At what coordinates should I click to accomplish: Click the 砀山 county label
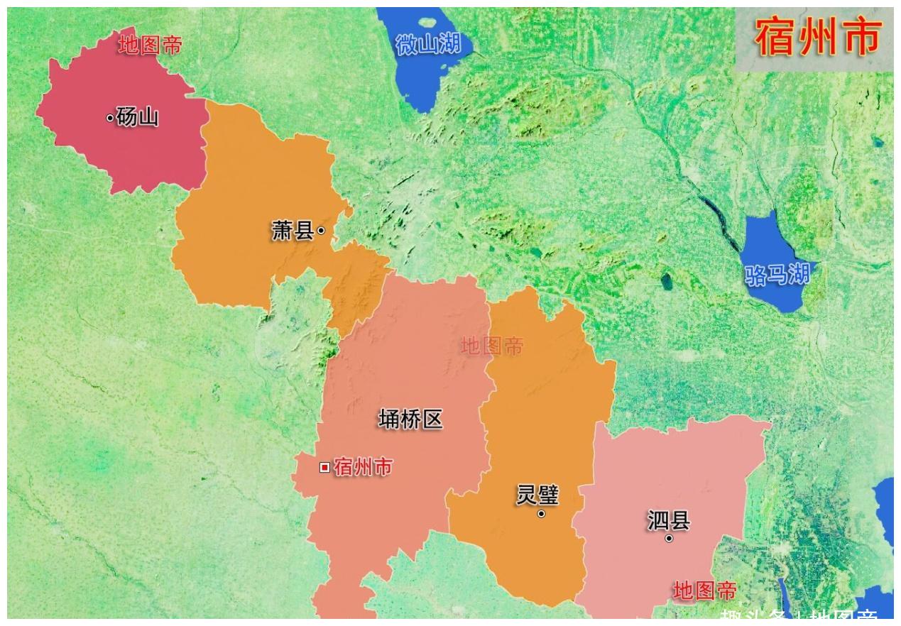[x=138, y=117]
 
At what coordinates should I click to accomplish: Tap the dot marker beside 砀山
[x=110, y=118]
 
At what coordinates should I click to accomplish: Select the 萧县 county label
[x=293, y=231]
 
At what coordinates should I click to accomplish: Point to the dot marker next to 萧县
[x=321, y=230]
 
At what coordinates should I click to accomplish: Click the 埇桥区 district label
[x=410, y=419]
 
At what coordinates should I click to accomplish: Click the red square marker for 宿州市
[x=324, y=467]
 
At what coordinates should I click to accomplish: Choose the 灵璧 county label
[x=537, y=495]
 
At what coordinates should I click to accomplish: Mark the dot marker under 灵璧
[x=541, y=514]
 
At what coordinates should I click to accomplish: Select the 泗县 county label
[x=668, y=520]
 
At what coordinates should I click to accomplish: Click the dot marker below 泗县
[x=669, y=539]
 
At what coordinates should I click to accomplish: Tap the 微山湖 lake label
[x=428, y=45]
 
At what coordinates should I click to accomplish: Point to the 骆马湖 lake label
[x=777, y=274]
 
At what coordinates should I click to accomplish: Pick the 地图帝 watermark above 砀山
[x=150, y=45]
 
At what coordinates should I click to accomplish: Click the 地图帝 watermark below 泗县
[x=704, y=591]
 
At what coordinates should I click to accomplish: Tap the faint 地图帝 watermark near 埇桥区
[x=492, y=346]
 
